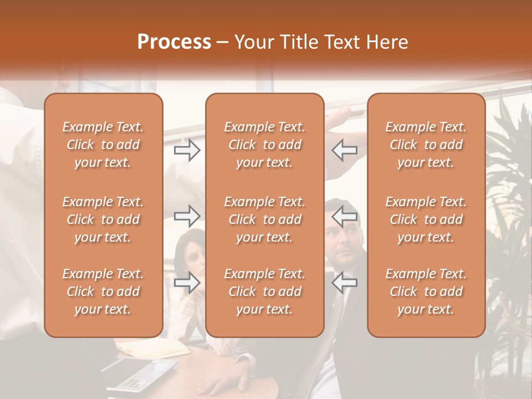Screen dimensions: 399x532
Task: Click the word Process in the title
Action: (174, 42)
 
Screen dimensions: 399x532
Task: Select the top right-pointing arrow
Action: (187, 150)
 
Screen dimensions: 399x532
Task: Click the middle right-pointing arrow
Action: (187, 216)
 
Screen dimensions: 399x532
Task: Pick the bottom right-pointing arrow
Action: (187, 283)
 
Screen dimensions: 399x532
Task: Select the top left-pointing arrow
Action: (344, 150)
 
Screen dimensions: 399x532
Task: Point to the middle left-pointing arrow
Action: (344, 216)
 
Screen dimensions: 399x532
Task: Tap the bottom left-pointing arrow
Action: (344, 283)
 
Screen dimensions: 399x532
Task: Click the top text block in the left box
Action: (103, 145)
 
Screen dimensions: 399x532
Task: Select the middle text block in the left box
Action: (103, 219)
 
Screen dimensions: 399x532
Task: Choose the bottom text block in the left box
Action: (103, 291)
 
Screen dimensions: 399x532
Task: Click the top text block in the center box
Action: (264, 145)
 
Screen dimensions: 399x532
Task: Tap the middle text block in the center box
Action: (264, 219)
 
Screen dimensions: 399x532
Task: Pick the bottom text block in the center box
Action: (264, 291)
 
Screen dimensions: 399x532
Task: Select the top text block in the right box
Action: (426, 145)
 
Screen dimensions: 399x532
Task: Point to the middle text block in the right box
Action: (426, 219)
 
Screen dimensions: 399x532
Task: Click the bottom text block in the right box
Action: (426, 291)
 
